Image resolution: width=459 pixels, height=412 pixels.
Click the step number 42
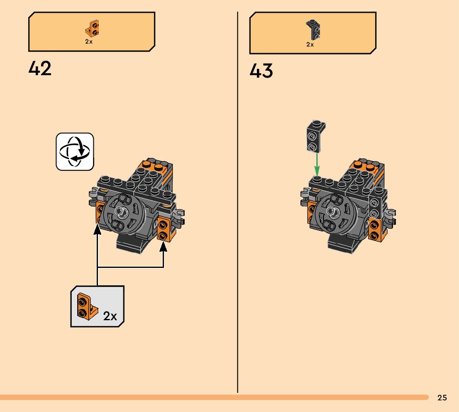[40, 69]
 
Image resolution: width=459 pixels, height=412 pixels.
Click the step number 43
[261, 71]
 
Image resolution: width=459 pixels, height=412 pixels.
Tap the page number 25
[442, 398]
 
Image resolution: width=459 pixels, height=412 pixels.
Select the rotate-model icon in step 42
[75, 151]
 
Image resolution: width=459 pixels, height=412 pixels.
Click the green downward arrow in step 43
[317, 164]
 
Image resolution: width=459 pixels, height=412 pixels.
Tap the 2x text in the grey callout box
[110, 316]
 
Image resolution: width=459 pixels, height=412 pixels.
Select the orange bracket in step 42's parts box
[92, 29]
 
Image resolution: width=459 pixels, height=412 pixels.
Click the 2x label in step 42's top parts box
[89, 42]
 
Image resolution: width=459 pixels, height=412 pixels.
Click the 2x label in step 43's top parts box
[310, 44]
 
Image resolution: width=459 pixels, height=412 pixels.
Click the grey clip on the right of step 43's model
[390, 214]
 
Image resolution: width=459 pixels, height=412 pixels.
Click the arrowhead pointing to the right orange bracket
[163, 247]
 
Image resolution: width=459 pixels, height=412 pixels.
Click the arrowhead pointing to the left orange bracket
[98, 229]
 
